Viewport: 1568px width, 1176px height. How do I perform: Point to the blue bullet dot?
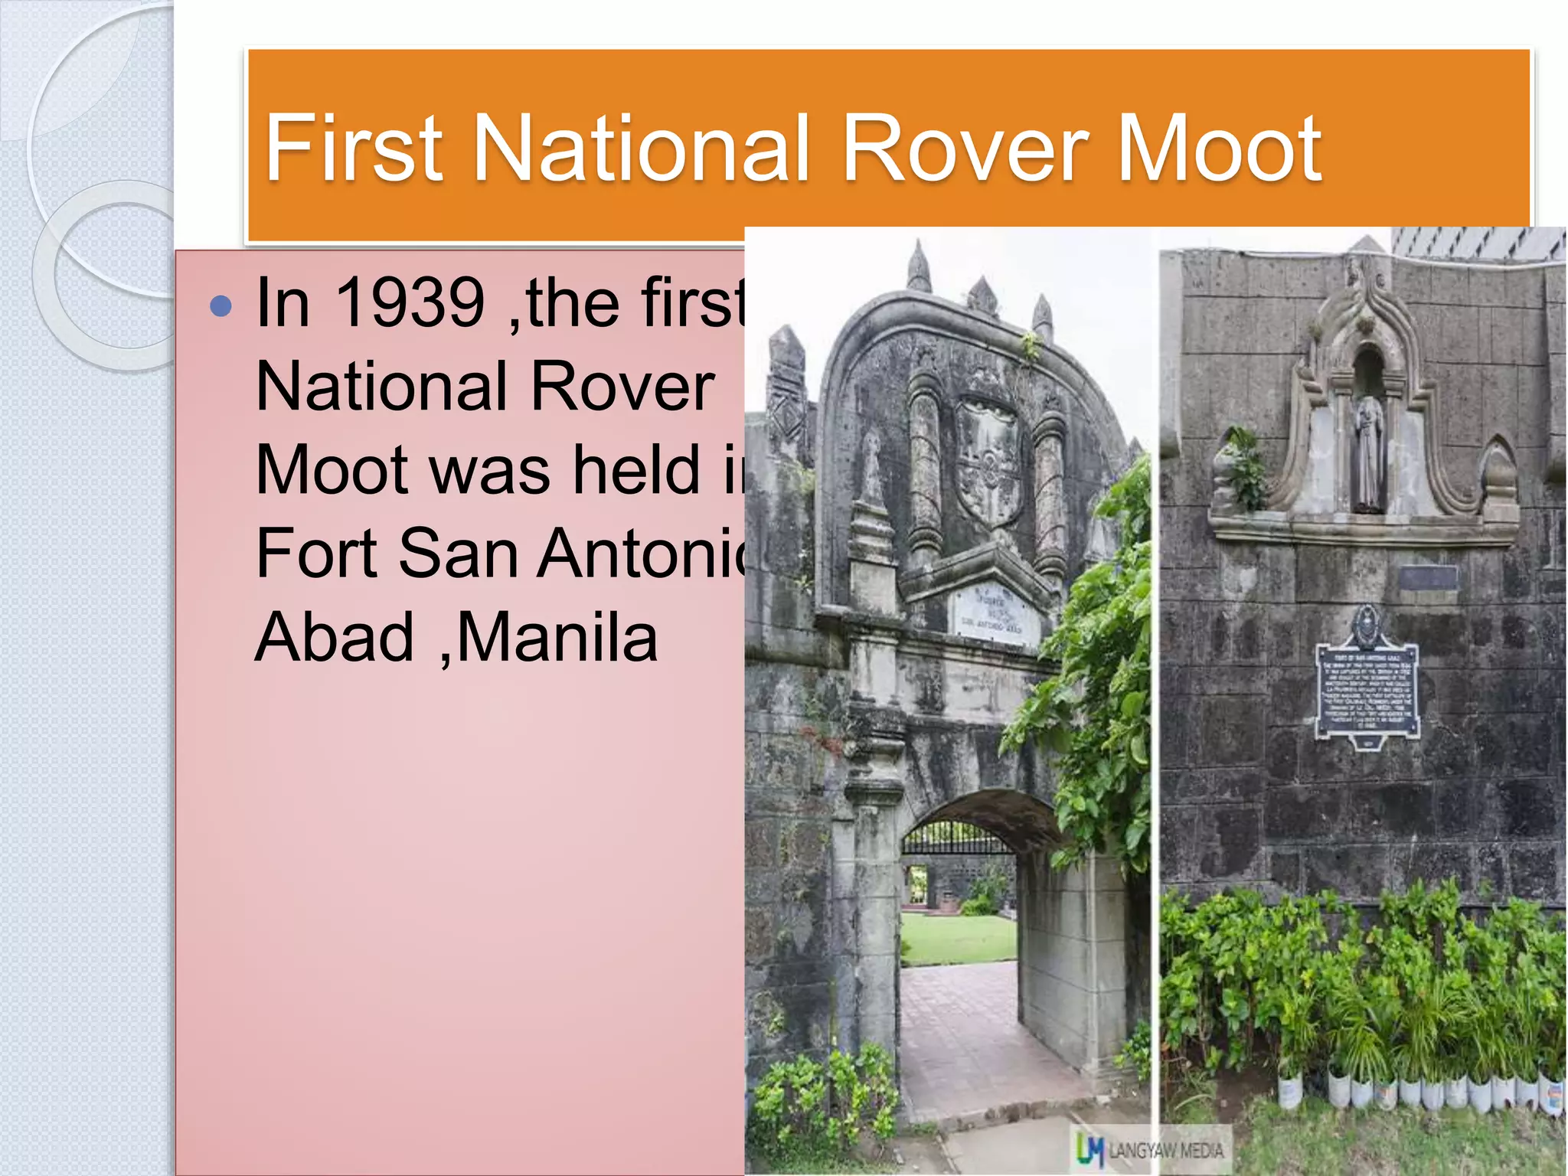[x=220, y=306]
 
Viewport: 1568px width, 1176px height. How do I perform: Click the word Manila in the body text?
[x=557, y=637]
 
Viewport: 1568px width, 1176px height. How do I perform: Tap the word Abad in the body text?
[x=334, y=637]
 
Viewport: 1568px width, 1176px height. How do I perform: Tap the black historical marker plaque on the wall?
[x=1367, y=689]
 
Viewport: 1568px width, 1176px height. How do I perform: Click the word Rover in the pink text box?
[x=622, y=387]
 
